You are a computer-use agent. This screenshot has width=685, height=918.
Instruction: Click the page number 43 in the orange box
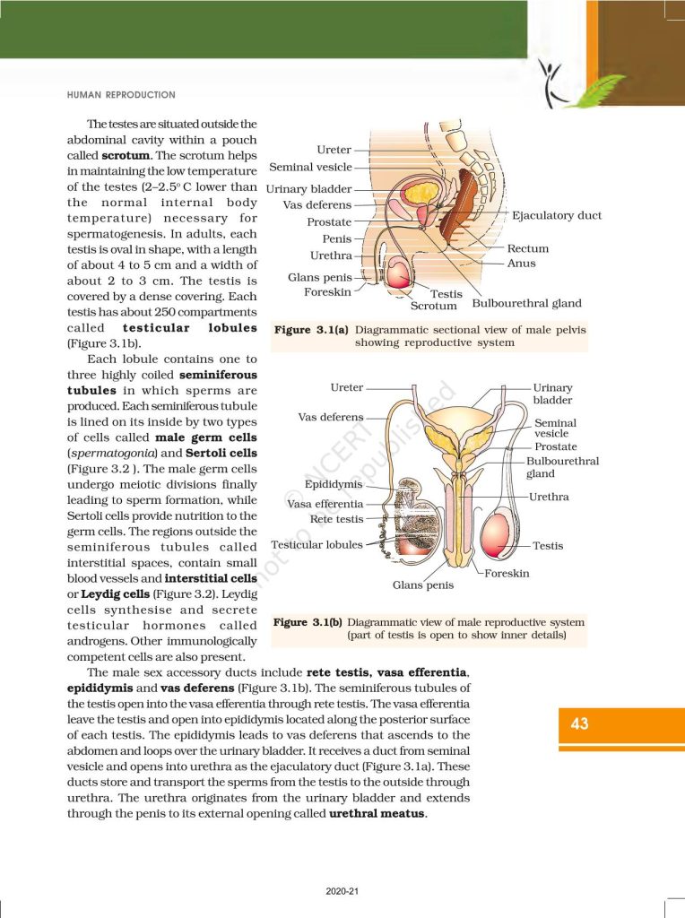pyautogui.click(x=579, y=723)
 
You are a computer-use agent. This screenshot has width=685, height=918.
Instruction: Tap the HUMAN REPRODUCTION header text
pyautogui.click(x=121, y=94)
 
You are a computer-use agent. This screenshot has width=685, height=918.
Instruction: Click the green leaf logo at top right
pyautogui.click(x=578, y=86)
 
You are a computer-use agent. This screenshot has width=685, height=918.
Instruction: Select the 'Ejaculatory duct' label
pyautogui.click(x=556, y=215)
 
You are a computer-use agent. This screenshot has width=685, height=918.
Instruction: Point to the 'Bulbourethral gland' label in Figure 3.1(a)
pyautogui.click(x=526, y=304)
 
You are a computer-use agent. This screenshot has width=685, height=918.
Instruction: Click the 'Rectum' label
pyautogui.click(x=527, y=248)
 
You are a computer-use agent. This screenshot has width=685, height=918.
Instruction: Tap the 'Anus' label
pyautogui.click(x=521, y=264)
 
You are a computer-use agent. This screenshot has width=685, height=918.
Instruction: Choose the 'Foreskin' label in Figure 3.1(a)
pyautogui.click(x=327, y=292)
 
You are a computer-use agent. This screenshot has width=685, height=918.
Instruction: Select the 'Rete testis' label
pyautogui.click(x=336, y=519)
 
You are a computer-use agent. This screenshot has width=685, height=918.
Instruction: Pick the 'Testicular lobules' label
pyautogui.click(x=316, y=544)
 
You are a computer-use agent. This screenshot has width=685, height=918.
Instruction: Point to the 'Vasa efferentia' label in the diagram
pyautogui.click(x=325, y=504)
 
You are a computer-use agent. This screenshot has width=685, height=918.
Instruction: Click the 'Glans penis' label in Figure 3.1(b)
pyautogui.click(x=423, y=585)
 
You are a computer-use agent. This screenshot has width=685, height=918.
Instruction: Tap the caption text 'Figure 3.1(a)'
pyautogui.click(x=311, y=330)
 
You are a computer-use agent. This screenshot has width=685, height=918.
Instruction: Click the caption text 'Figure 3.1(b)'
pyautogui.click(x=308, y=621)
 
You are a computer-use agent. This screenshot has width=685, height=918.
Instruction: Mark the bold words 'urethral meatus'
pyautogui.click(x=377, y=814)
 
